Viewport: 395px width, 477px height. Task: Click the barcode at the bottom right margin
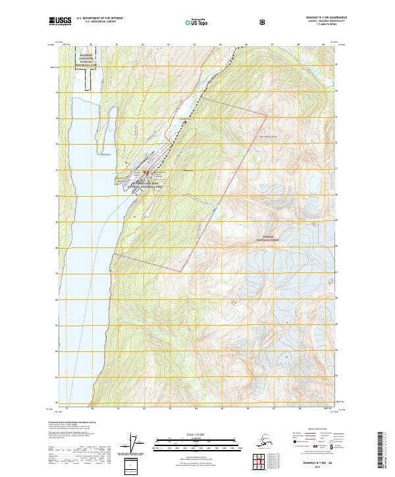coord(384,447)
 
